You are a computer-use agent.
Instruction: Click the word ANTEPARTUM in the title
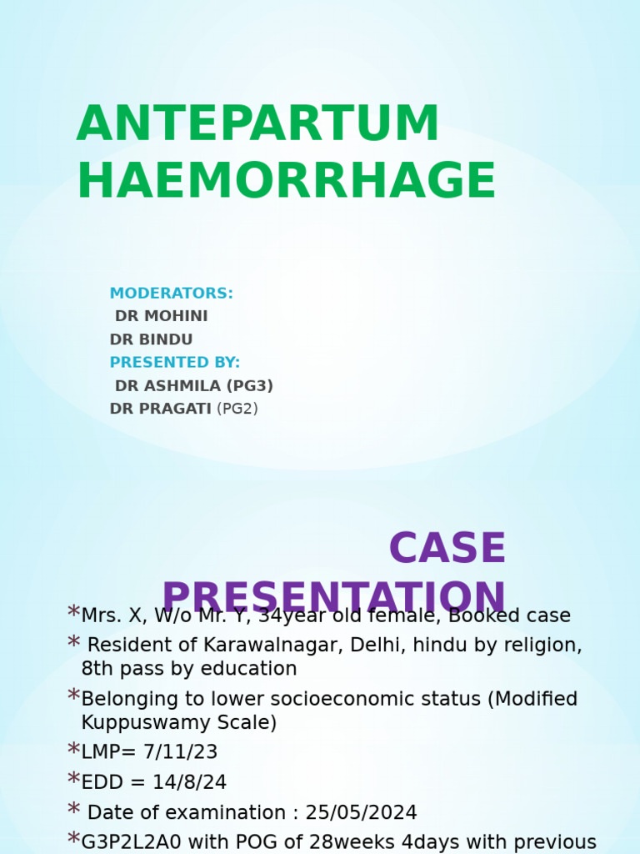tap(257, 124)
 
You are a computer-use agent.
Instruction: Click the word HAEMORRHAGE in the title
tap(286, 181)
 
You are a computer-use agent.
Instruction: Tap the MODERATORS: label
tap(171, 294)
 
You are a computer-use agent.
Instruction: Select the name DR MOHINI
tap(161, 317)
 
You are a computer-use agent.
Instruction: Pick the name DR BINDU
tap(151, 340)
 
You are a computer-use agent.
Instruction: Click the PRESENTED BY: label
tap(174, 363)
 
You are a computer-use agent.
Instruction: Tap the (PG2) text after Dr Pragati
tap(237, 409)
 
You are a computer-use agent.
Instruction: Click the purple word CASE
tap(447, 549)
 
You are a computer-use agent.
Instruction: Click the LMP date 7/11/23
tap(180, 752)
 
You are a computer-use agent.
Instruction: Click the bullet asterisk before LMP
tap(73, 751)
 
